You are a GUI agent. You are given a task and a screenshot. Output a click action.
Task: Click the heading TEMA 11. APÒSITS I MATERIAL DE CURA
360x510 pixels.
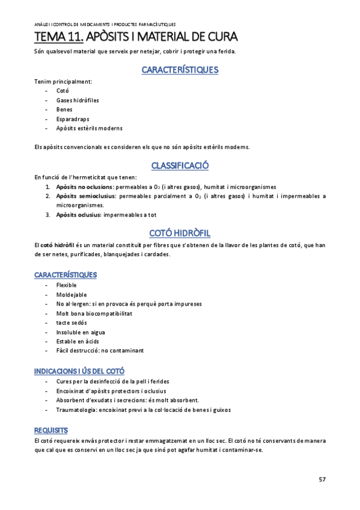point(136,38)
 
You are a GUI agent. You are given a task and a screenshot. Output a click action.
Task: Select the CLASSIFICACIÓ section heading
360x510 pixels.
point(180,165)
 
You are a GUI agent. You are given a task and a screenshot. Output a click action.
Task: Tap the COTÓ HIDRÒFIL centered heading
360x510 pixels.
point(180,233)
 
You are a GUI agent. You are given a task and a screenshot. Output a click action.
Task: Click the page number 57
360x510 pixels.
point(322,479)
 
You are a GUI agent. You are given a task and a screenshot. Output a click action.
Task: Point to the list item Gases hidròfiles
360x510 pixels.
point(78,100)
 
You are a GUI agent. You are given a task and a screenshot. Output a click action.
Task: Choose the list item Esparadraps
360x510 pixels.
point(72,119)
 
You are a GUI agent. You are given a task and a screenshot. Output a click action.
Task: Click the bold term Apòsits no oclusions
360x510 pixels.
point(84,187)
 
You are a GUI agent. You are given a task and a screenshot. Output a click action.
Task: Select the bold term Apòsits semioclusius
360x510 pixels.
point(86,196)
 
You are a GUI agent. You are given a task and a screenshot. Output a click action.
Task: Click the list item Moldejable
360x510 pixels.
point(72,295)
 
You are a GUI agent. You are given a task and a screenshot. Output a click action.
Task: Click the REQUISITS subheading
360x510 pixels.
point(51,430)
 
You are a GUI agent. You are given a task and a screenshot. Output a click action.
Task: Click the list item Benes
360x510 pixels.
point(64,109)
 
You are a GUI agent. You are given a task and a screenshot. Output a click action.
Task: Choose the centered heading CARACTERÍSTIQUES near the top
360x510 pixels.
point(180,70)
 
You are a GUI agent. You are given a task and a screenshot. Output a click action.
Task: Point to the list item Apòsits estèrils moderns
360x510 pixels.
point(89,128)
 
